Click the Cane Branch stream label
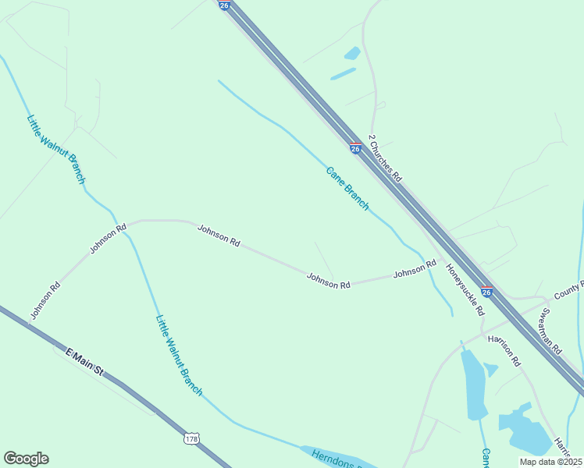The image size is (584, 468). (347, 188)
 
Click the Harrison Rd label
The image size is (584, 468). (504, 351)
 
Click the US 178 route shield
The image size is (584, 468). (192, 439)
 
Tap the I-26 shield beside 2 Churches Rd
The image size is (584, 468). (355, 147)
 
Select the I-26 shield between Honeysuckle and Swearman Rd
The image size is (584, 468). (486, 292)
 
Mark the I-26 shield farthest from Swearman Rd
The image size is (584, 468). (225, 5)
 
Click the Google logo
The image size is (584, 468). (26, 459)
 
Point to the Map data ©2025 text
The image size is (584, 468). (550, 462)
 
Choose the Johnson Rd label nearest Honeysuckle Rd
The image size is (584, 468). (414, 271)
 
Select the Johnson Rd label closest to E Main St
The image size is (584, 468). (45, 301)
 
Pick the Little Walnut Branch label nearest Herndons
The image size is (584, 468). (179, 354)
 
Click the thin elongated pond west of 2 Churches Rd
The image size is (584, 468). (343, 74)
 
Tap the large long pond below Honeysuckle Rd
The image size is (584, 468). (474, 383)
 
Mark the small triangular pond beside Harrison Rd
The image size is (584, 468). (490, 369)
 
